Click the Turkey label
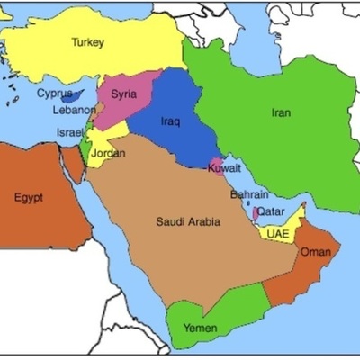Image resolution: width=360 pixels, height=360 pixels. coord(88,42)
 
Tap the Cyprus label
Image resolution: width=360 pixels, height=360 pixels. coord(55,92)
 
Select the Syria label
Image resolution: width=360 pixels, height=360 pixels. coord(123,93)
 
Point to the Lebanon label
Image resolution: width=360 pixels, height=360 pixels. coord(74,110)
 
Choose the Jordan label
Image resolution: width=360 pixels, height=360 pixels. coord(108,153)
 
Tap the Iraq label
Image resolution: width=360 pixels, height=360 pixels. coord(171,121)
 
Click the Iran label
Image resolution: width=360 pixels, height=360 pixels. coord(281,113)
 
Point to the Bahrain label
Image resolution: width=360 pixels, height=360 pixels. coord(248,194)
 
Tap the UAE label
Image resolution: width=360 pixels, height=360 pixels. coord(276,233)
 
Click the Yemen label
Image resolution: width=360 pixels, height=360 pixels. coord(201,328)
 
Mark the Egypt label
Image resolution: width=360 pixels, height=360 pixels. coord(31,198)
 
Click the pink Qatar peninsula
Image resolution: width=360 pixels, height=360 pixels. coord(256,213)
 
